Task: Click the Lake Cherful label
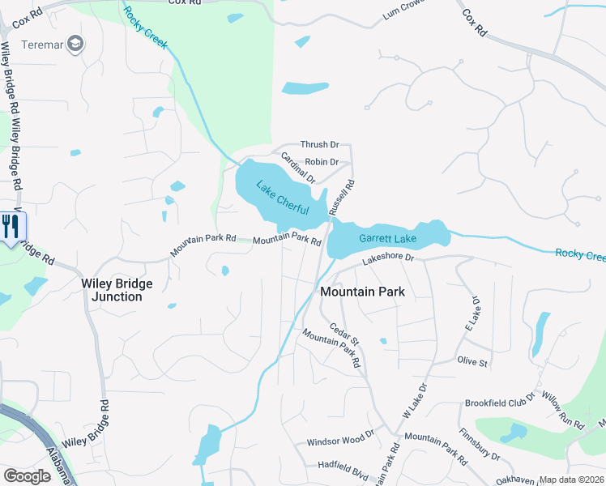click(x=283, y=197)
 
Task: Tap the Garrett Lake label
click(x=388, y=239)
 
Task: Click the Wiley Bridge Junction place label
click(x=112, y=290)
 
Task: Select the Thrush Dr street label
click(x=319, y=144)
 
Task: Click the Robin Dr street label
click(x=321, y=162)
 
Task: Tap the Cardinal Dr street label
click(x=297, y=167)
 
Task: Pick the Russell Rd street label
click(x=342, y=198)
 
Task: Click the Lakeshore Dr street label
click(x=388, y=258)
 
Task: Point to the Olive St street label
click(x=472, y=362)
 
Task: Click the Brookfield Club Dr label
click(x=501, y=403)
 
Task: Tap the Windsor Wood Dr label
click(x=340, y=442)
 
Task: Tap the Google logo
click(x=27, y=476)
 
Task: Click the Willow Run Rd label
click(x=565, y=411)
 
